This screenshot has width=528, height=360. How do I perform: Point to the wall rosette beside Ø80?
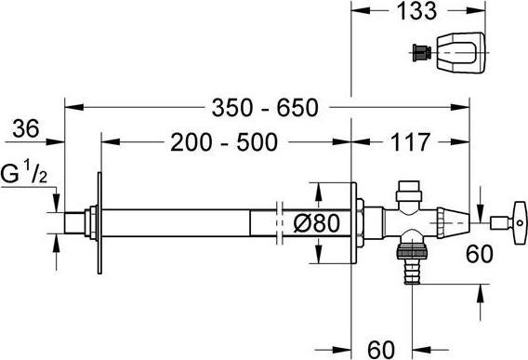coord(351,224)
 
